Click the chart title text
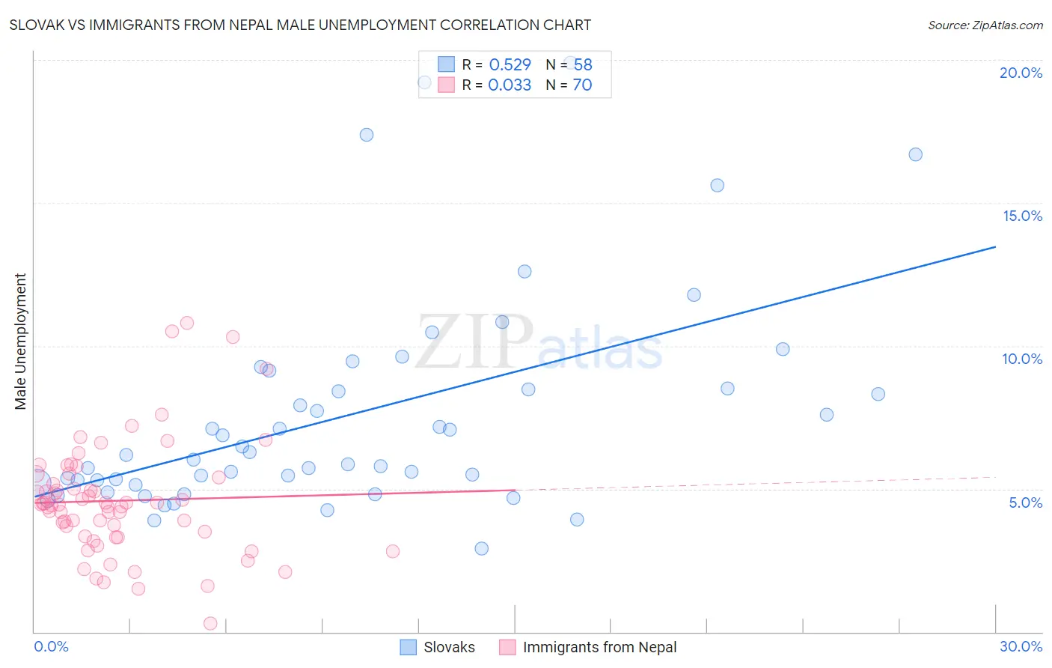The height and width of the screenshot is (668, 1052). coord(300,25)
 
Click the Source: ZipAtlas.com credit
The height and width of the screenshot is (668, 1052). coord(985,25)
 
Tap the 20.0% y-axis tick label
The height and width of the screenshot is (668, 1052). coord(1021,73)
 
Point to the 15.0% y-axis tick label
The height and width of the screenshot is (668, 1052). coord(1022,216)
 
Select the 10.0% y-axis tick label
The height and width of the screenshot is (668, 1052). coord(1022,359)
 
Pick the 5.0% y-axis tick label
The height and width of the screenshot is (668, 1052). coord(1025,502)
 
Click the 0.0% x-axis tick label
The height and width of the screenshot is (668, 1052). coord(51,646)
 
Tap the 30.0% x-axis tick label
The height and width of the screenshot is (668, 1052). coord(1021,646)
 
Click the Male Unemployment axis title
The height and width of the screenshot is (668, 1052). coord(21,341)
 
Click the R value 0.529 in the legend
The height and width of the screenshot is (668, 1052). coord(510,65)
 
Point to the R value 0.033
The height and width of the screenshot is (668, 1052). coord(510,85)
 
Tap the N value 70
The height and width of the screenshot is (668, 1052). coord(582,85)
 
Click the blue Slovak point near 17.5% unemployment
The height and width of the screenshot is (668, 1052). coord(367,135)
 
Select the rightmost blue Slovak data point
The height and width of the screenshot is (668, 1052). coord(915,154)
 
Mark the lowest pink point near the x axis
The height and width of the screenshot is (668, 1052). coord(210,623)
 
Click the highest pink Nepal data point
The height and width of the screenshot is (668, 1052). coord(187,323)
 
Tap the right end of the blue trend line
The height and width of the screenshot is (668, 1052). coord(995,246)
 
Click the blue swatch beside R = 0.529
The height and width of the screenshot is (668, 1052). coord(446,64)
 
